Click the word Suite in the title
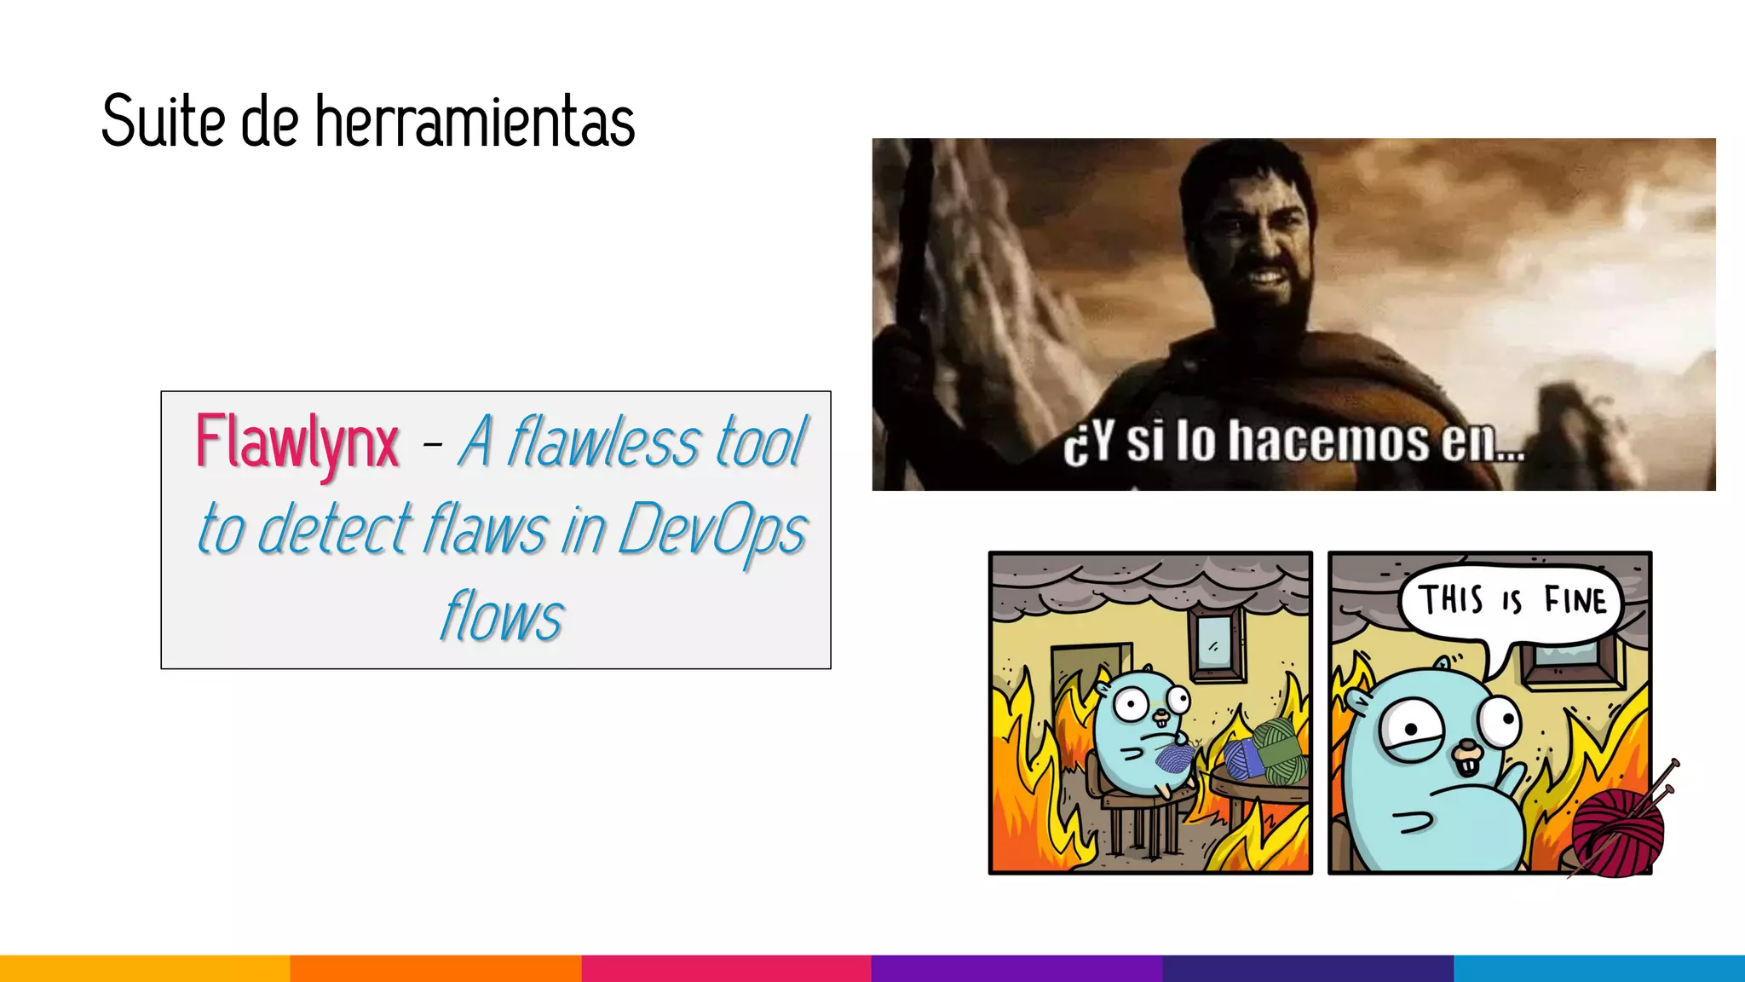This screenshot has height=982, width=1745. pyautogui.click(x=163, y=121)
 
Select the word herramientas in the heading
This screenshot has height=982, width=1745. pyautogui.click(x=475, y=121)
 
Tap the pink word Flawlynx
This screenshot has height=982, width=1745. pyautogui.click(x=297, y=442)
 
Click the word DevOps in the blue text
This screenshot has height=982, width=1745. pyautogui.click(x=711, y=529)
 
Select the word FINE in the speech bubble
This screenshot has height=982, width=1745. pyautogui.click(x=1575, y=601)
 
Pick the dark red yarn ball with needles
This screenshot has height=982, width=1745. pyautogui.click(x=1617, y=831)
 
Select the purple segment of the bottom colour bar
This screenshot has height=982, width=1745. pyautogui.click(x=1016, y=968)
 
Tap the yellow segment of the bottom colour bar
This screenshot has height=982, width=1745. pyautogui.click(x=145, y=968)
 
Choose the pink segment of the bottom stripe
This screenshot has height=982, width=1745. pyautogui.click(x=726, y=968)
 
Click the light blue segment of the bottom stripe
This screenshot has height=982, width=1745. pyautogui.click(x=1599, y=968)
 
